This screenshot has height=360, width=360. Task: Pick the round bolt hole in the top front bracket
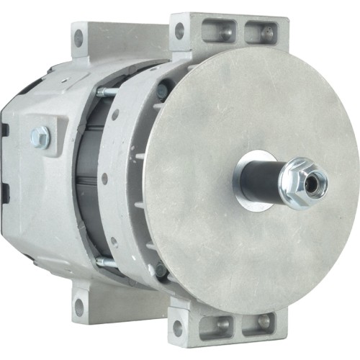click(x=179, y=30)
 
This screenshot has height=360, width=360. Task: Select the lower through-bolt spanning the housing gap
click(x=108, y=264)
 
